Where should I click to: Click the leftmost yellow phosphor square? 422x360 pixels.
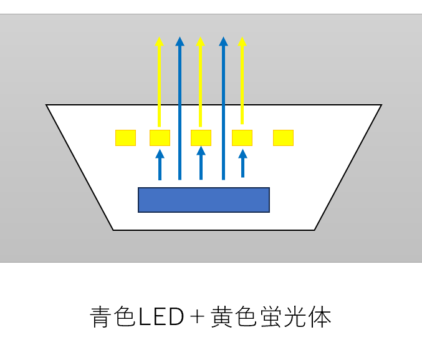[125, 138]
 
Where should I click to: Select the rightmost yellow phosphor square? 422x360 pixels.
[283, 138]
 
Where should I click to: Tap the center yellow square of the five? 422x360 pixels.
[201, 138]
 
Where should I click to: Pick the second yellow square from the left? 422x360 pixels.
[160, 138]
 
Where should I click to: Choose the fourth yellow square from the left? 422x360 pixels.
[242, 138]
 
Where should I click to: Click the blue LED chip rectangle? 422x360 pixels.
[204, 200]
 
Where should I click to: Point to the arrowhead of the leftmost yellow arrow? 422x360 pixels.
[160, 41]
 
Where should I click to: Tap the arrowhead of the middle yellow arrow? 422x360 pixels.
[200, 41]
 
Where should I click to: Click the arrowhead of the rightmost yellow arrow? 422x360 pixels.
[242, 41]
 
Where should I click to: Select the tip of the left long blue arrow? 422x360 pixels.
[180, 37]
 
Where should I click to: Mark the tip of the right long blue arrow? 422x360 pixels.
[223, 37]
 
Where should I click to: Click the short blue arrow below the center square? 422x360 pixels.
[201, 163]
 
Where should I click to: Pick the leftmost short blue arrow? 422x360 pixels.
[160, 165]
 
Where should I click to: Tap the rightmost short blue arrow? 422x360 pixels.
[242, 163]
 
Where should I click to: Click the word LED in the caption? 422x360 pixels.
[161, 316]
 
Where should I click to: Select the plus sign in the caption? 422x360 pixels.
[197, 316]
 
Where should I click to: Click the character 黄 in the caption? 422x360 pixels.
[221, 316]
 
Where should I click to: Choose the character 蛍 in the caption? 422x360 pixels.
[271, 316]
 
